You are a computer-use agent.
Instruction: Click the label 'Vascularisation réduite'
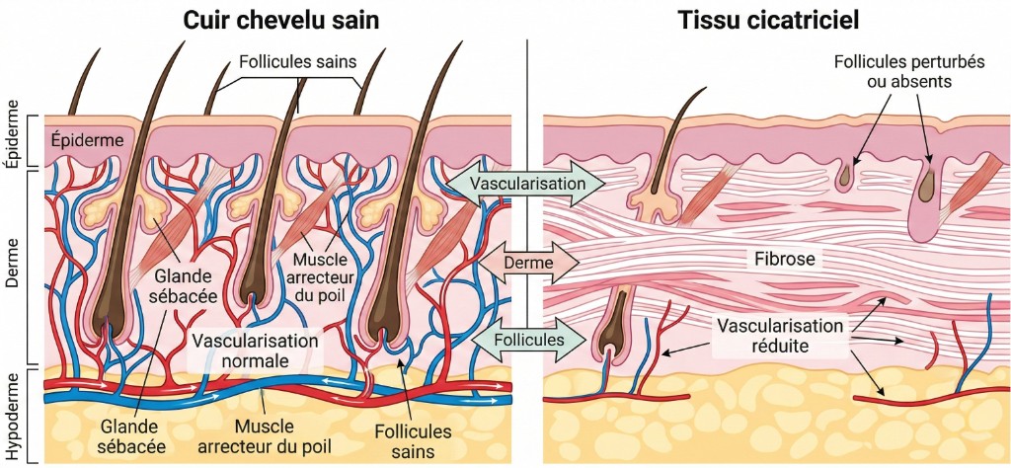tap(780, 336)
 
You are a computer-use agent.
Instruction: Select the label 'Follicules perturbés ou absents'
tap(895, 71)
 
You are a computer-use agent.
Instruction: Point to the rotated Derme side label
tap(12, 267)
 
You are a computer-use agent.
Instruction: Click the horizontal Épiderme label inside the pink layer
tap(87, 140)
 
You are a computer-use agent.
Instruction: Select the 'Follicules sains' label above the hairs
tap(297, 62)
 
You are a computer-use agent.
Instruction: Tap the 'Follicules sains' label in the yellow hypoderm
tap(414, 440)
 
